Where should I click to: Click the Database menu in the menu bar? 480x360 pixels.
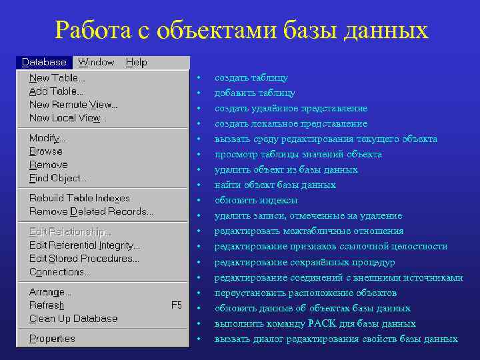coord(44,62)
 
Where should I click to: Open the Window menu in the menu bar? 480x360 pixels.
coord(96,62)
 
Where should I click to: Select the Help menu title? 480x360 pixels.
coord(136,62)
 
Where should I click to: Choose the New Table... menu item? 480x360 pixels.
coord(57,78)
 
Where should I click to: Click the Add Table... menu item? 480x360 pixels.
coord(56,91)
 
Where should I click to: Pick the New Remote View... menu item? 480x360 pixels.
coord(73,105)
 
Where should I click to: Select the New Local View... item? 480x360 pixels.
coord(68,118)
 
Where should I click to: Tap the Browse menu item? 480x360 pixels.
coord(45,151)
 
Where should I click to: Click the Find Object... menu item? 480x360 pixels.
coord(58,178)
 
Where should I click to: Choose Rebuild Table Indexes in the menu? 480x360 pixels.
coord(79,198)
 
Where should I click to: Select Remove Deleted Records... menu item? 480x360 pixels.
coord(91,211)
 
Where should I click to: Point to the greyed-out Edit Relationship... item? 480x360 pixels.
coord(70,232)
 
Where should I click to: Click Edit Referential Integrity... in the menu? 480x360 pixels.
coord(85,245)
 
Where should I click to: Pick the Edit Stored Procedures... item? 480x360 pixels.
coord(84,259)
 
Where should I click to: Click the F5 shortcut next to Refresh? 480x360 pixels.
coord(177,305)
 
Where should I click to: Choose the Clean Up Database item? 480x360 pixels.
coord(73,319)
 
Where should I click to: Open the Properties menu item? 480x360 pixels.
coord(52,339)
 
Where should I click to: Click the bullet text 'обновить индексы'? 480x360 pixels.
coord(256,201)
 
